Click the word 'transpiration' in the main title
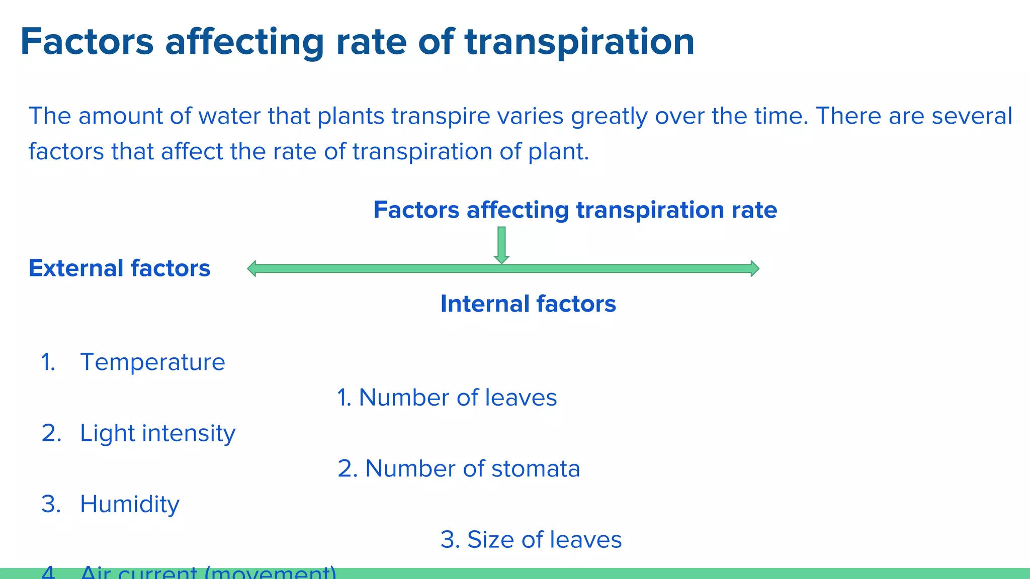tap(579, 42)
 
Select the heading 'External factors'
tap(119, 268)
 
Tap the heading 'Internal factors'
tap(528, 304)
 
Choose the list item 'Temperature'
tap(152, 362)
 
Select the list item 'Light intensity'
tap(157, 433)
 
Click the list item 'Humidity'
tap(129, 504)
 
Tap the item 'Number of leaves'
tap(458, 398)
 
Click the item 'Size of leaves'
tap(544, 540)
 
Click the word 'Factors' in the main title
tap(87, 42)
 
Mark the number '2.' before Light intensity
tap(51, 433)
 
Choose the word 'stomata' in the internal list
tap(536, 469)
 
